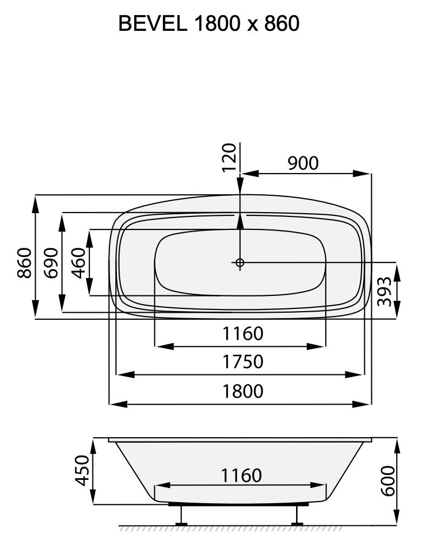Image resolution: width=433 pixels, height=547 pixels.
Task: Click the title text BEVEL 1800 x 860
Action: [x=208, y=24]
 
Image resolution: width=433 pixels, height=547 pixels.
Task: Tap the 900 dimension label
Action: [x=303, y=163]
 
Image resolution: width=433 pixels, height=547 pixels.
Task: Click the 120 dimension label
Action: [x=229, y=157]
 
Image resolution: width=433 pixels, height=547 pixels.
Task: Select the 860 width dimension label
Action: [x=24, y=263]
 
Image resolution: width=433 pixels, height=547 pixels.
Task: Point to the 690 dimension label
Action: [x=50, y=263]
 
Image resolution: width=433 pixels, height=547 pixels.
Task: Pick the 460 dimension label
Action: [x=78, y=263]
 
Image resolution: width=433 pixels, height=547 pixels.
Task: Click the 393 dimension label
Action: [x=384, y=291]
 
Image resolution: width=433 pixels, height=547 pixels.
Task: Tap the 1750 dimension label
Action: [x=242, y=361]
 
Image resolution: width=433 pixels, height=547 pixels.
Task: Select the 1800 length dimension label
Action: [x=242, y=391]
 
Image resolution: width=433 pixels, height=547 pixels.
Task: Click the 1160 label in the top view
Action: [x=242, y=333]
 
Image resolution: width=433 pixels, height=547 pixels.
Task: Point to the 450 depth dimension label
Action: [x=82, y=471]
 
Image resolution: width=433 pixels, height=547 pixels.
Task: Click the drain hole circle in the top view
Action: [x=240, y=263]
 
